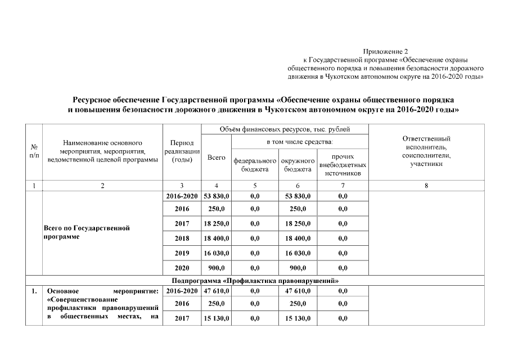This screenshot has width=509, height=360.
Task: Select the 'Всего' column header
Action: coord(217,158)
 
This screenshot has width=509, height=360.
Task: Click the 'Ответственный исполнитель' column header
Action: coord(427,151)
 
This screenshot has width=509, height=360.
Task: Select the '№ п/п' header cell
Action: coord(33,151)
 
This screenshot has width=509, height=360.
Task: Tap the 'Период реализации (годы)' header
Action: coord(182,151)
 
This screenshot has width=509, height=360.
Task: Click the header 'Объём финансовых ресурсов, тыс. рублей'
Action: coord(286,130)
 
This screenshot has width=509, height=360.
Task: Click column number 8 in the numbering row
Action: coord(427,186)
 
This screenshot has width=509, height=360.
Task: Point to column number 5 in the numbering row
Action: coord(255,186)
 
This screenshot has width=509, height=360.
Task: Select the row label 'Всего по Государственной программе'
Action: coord(87,232)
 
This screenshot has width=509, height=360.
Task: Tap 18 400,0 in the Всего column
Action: coord(217,238)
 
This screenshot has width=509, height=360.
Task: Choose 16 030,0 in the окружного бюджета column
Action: coord(298,253)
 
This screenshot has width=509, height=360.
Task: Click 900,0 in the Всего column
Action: coord(217,268)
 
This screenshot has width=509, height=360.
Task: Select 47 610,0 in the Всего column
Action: coord(217,291)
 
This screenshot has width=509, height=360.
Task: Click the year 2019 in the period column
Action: coord(182,253)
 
